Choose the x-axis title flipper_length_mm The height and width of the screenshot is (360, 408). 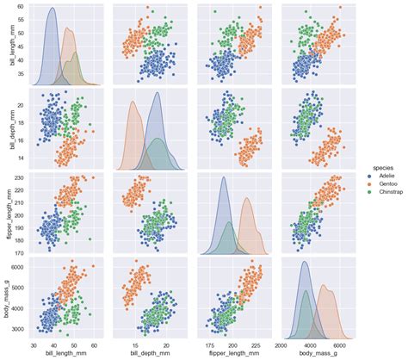[x=231, y=353]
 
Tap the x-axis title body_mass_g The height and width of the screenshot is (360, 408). [x=315, y=353]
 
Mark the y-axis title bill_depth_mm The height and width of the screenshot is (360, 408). [x=7, y=129]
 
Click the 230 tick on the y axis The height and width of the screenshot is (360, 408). [x=20, y=177]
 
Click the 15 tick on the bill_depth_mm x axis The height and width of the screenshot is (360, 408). [x=135, y=343]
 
